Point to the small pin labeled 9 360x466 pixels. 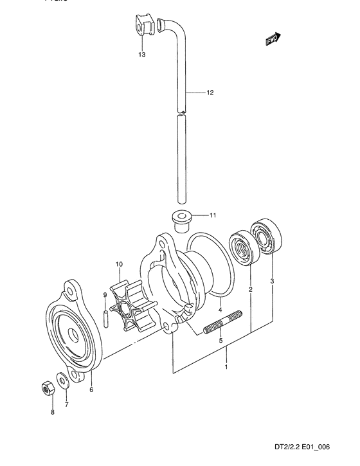click(105, 318)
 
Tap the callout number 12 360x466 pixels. click(210, 93)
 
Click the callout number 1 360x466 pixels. click(226, 367)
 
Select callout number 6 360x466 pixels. click(91, 390)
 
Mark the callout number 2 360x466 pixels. click(251, 289)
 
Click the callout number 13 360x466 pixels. click(141, 55)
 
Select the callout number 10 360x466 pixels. click(119, 264)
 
